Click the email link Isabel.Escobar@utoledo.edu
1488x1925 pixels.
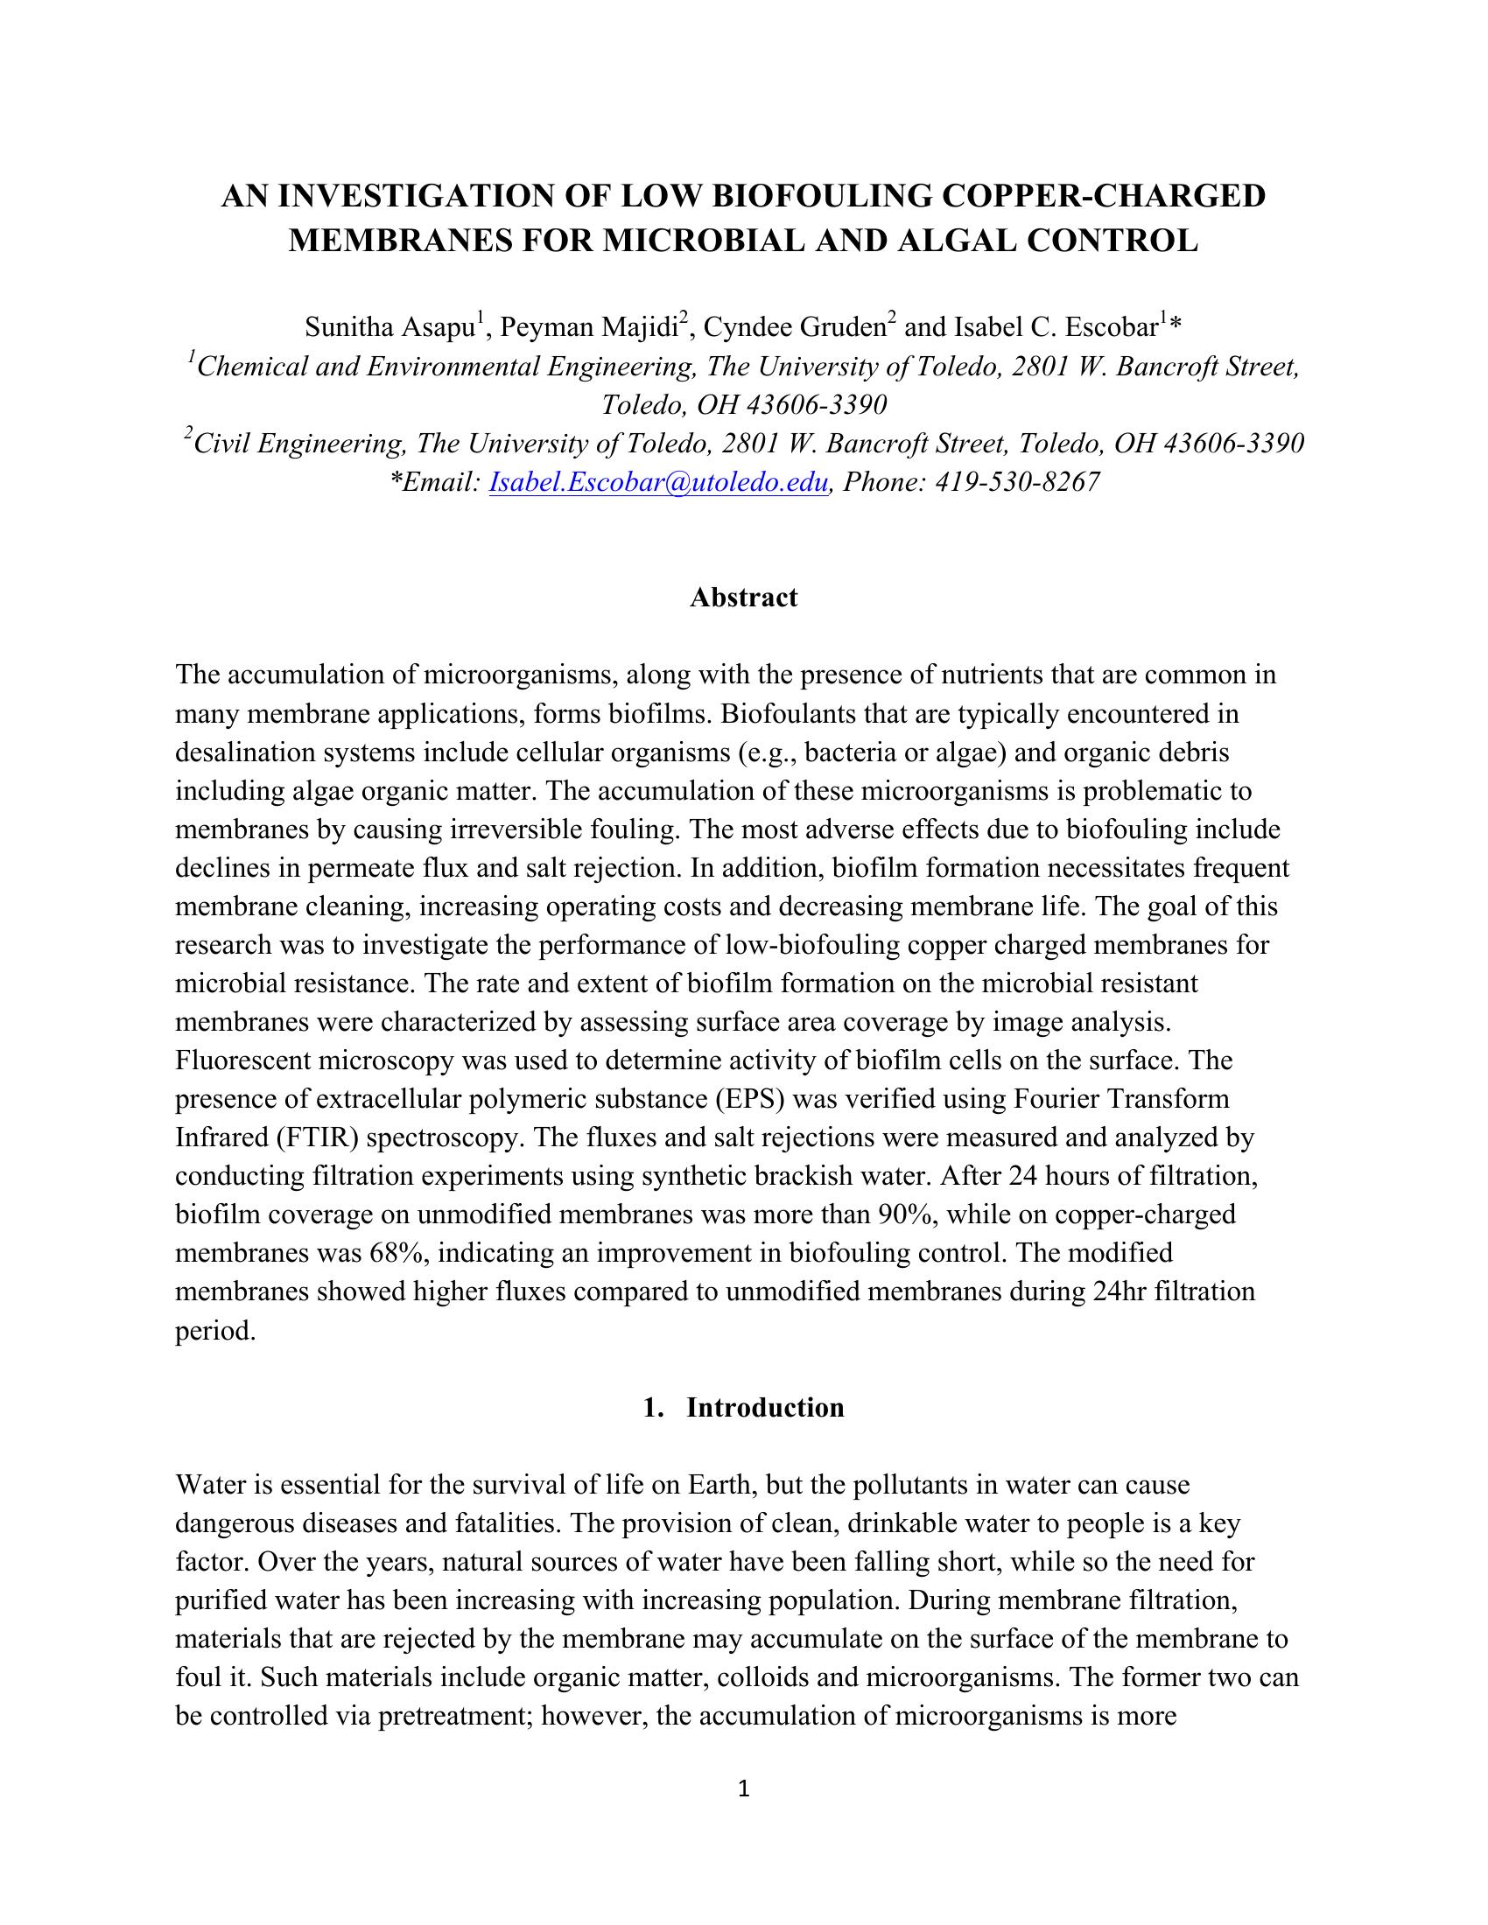657,482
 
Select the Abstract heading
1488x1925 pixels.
743,598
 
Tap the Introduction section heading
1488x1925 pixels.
764,1408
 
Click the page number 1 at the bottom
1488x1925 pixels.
743,1788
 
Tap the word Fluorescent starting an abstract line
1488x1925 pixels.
242,1060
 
